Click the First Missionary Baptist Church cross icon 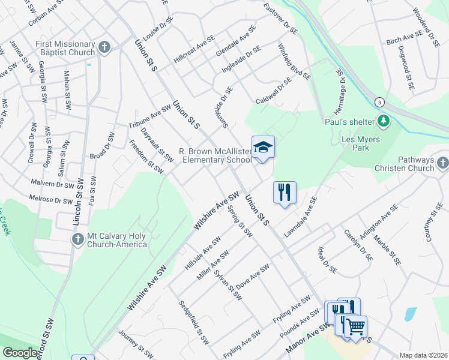pyautogui.click(x=104, y=47)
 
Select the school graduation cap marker pyautogui.click(x=263, y=147)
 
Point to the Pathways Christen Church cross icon pyautogui.click(x=442, y=163)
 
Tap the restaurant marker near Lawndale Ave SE pyautogui.click(x=285, y=192)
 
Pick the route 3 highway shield pyautogui.click(x=379, y=102)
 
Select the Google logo pyautogui.click(x=20, y=353)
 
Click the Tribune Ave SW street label pyautogui.click(x=149, y=118)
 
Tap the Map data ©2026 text pyautogui.click(x=424, y=355)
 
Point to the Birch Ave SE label pyautogui.click(x=405, y=40)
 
